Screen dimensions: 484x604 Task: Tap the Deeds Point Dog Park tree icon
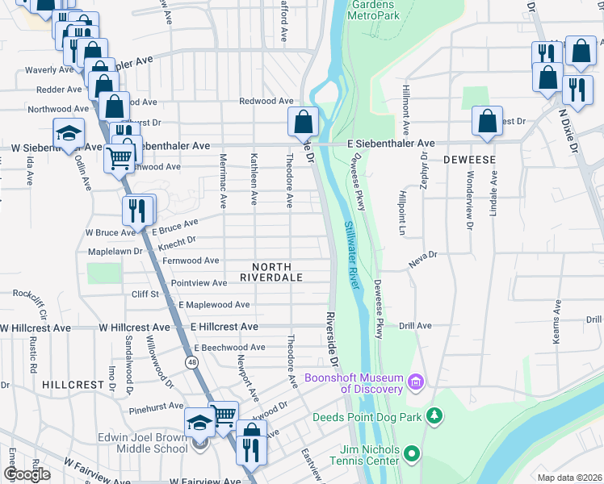coord(435,416)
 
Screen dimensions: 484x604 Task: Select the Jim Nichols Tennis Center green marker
coord(413,454)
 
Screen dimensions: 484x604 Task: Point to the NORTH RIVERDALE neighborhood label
coord(271,272)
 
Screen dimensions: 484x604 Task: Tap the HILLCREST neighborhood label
coord(73,385)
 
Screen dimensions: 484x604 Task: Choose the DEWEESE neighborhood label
coord(469,161)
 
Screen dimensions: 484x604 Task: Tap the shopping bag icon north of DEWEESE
coord(488,122)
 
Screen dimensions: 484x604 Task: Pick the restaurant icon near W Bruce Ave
coord(137,211)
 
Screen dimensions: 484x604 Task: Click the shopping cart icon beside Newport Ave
coord(224,415)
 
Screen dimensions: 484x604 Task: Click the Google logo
coord(26,474)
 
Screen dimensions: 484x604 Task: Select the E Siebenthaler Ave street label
coord(391,143)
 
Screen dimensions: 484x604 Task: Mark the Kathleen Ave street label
coord(254,179)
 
